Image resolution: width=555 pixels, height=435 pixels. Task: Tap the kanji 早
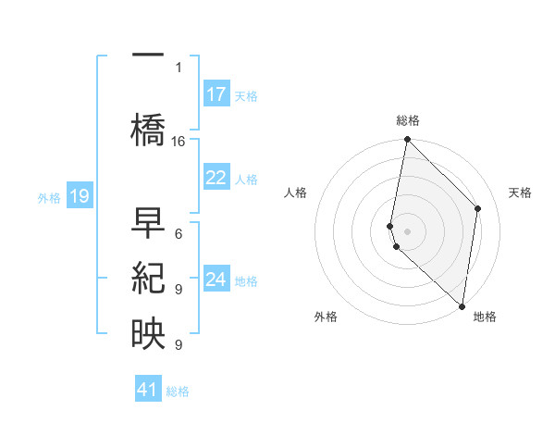click(148, 223)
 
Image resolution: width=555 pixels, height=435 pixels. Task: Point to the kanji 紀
click(148, 280)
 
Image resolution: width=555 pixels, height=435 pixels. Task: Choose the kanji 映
click(148, 334)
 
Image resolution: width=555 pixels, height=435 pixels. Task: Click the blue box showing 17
click(216, 94)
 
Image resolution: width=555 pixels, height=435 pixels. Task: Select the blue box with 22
click(216, 178)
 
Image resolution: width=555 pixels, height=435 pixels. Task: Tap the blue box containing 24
click(216, 280)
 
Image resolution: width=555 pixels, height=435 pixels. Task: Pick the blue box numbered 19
click(79, 196)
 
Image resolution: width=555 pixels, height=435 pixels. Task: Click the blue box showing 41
click(148, 390)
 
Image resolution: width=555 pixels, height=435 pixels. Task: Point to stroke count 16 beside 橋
click(179, 141)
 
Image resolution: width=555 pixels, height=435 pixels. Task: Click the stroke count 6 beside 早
click(178, 234)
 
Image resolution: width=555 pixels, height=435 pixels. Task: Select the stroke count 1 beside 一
click(178, 67)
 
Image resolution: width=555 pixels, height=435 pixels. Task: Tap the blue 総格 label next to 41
click(178, 391)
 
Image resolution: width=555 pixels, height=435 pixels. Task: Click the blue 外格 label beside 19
click(49, 197)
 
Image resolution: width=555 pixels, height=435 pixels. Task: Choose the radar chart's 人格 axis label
click(296, 193)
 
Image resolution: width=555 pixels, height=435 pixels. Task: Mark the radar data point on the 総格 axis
click(407, 140)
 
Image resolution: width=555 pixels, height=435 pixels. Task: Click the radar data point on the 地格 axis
click(462, 306)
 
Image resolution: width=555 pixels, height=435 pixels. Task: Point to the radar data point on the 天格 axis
click(478, 208)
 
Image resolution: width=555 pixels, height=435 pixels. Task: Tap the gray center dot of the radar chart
click(407, 230)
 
